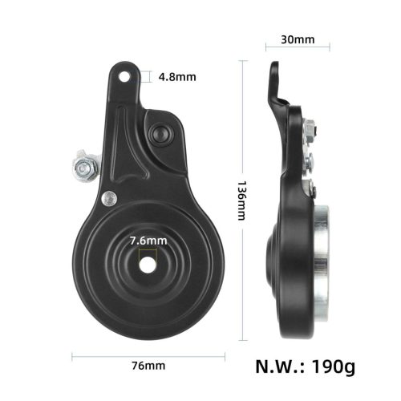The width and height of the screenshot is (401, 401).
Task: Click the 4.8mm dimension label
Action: [176, 78]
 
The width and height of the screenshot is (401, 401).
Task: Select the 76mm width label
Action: [150, 366]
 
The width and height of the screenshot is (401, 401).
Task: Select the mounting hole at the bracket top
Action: [125, 77]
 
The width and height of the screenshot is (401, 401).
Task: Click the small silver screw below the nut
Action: [107, 195]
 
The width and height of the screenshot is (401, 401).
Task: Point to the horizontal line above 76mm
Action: [149, 352]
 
